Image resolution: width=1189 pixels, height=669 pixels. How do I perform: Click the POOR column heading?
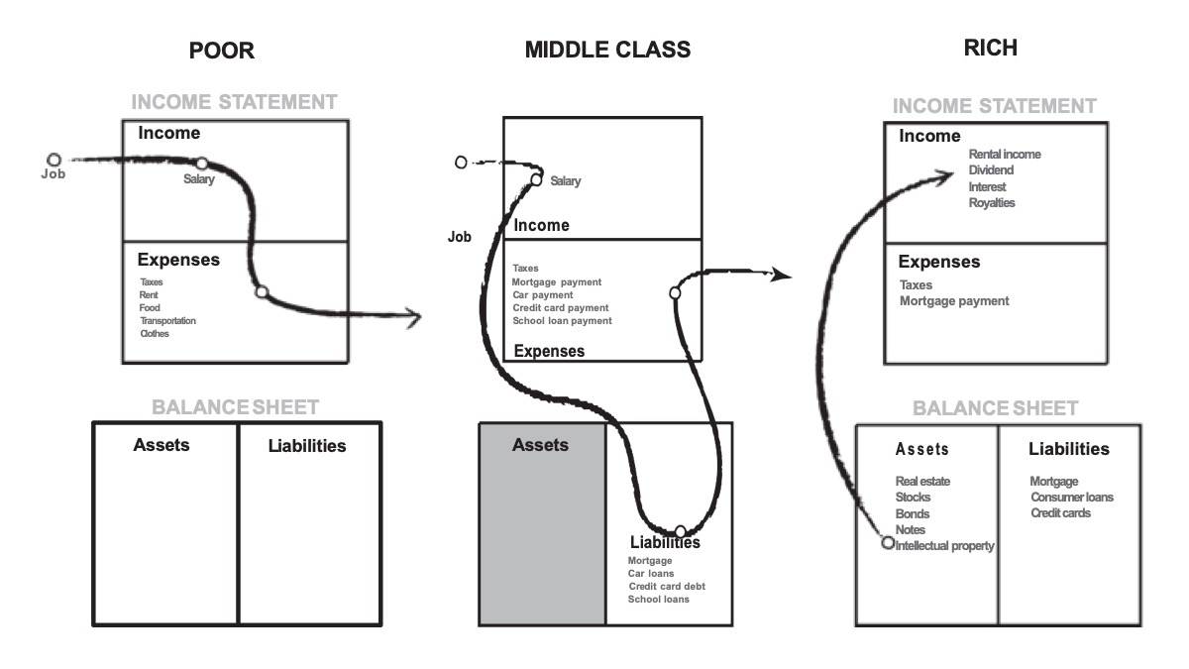[222, 51]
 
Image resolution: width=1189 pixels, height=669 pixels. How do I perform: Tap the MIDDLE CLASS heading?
[607, 50]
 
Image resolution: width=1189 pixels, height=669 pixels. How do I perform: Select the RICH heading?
[990, 47]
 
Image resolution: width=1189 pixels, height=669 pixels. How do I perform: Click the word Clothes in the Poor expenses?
[155, 334]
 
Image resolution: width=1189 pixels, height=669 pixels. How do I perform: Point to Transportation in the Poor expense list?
[167, 321]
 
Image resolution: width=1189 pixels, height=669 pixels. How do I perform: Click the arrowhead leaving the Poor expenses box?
[413, 318]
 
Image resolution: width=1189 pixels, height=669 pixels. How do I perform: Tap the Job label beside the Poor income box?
[53, 174]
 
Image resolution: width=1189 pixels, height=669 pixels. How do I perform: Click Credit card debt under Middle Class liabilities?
[667, 587]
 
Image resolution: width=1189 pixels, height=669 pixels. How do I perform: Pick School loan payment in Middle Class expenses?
[562, 321]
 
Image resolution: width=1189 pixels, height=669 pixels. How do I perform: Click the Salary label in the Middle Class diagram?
[566, 181]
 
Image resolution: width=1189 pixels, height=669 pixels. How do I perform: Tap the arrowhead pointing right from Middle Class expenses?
[783, 275]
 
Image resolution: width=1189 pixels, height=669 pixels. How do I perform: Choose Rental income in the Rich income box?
[1005, 155]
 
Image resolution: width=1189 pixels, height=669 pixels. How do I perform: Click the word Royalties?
[992, 203]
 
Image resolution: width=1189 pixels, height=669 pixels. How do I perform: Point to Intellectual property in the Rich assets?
[944, 546]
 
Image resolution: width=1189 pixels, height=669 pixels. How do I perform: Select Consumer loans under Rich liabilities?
[1071, 498]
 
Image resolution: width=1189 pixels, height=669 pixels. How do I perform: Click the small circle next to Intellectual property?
[888, 542]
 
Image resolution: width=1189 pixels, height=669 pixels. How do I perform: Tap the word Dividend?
[991, 170]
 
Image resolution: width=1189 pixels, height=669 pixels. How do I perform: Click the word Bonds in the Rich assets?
[913, 514]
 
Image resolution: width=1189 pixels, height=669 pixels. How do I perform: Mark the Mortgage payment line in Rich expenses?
[954, 301]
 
